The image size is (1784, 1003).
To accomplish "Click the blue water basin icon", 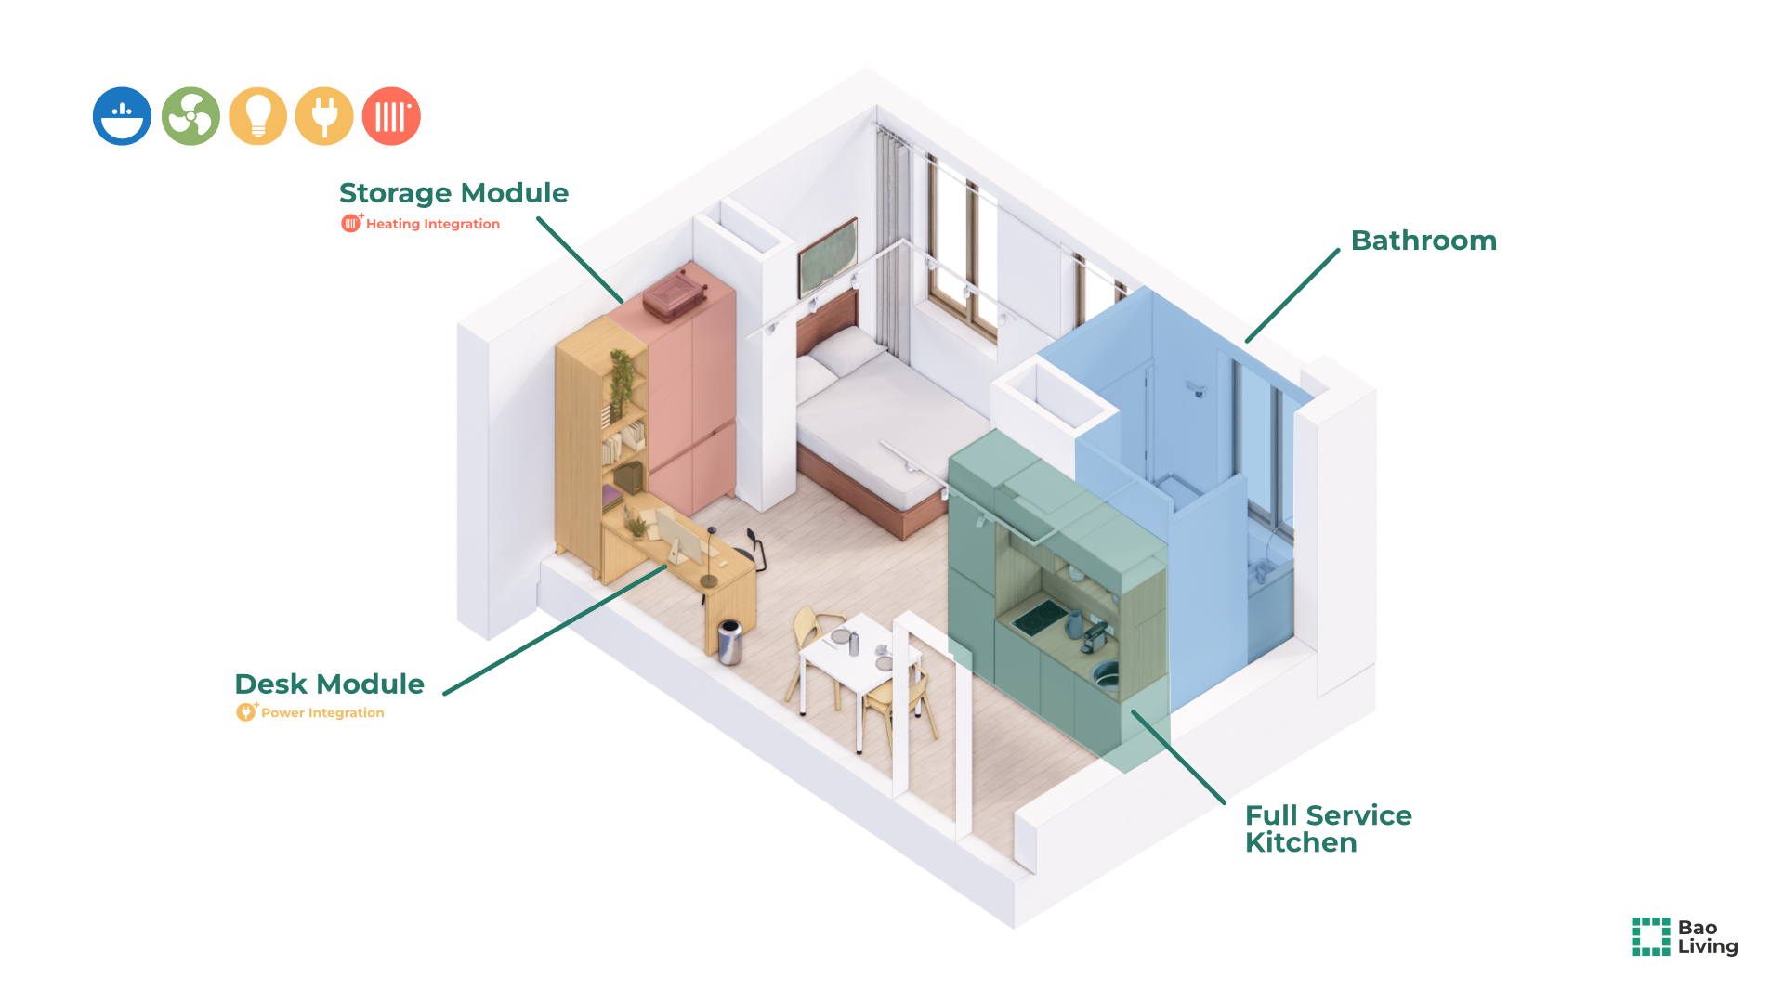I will (122, 116).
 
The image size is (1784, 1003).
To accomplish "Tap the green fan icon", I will (190, 116).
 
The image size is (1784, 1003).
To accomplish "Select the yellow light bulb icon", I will (257, 116).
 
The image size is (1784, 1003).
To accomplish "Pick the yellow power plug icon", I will (324, 116).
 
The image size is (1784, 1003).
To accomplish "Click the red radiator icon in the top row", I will (391, 116).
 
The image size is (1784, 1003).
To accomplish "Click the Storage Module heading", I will (453, 193).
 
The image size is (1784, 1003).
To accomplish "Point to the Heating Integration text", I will (432, 224).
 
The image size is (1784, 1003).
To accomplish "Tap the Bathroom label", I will (1423, 241).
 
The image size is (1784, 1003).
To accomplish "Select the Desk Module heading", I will (329, 684).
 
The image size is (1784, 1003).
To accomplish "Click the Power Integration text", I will (321, 713).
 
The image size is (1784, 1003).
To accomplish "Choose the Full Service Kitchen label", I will (1328, 828).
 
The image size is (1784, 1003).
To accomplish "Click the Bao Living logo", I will (1685, 936).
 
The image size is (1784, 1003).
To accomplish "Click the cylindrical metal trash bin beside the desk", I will (730, 642).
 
